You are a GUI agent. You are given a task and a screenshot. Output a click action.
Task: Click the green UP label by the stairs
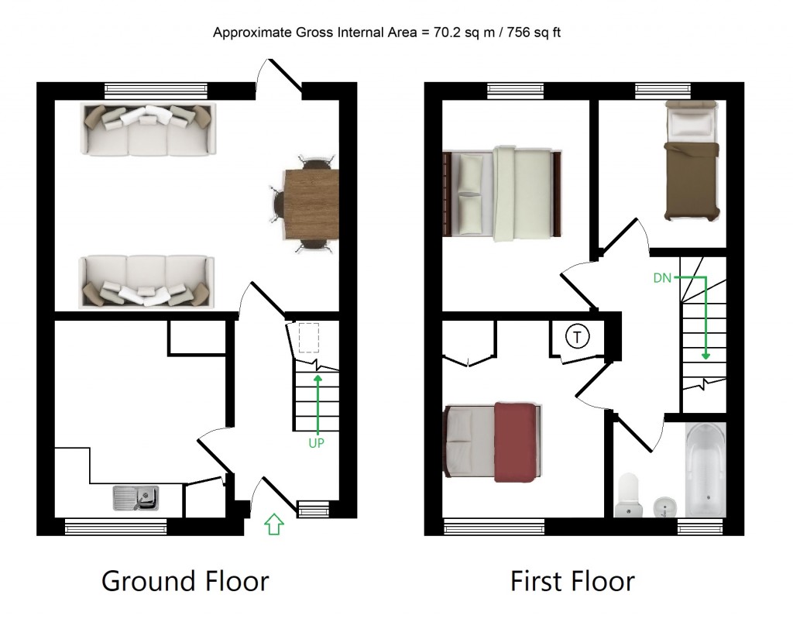tap(316, 444)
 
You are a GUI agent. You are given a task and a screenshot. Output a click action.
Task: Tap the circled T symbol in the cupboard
tap(576, 337)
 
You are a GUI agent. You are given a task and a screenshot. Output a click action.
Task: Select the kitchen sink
tap(136, 497)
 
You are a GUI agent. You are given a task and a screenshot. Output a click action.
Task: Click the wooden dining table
tap(311, 205)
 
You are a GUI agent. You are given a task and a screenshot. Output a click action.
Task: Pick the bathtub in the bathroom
tap(705, 469)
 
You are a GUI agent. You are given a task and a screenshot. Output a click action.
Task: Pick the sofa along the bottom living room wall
tap(147, 282)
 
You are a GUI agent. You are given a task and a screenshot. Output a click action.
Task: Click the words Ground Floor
tap(185, 580)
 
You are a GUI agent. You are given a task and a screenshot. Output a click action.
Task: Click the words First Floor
tap(572, 580)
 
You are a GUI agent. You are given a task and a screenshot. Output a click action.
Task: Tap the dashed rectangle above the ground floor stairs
tap(309, 338)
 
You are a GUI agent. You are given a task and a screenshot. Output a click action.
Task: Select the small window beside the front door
tap(314, 509)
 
